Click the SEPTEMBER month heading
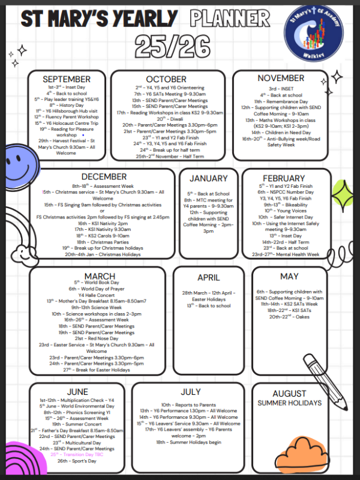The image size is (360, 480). (67, 79)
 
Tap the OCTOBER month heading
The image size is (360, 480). (165, 79)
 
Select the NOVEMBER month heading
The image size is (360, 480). (281, 78)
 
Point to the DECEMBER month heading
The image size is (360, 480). (104, 176)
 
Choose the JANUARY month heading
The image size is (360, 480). (208, 178)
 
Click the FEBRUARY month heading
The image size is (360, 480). (284, 178)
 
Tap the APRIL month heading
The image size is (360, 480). (208, 278)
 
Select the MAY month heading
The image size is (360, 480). (289, 277)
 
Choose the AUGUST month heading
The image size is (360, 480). (289, 394)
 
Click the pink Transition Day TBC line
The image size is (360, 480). (77, 454)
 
